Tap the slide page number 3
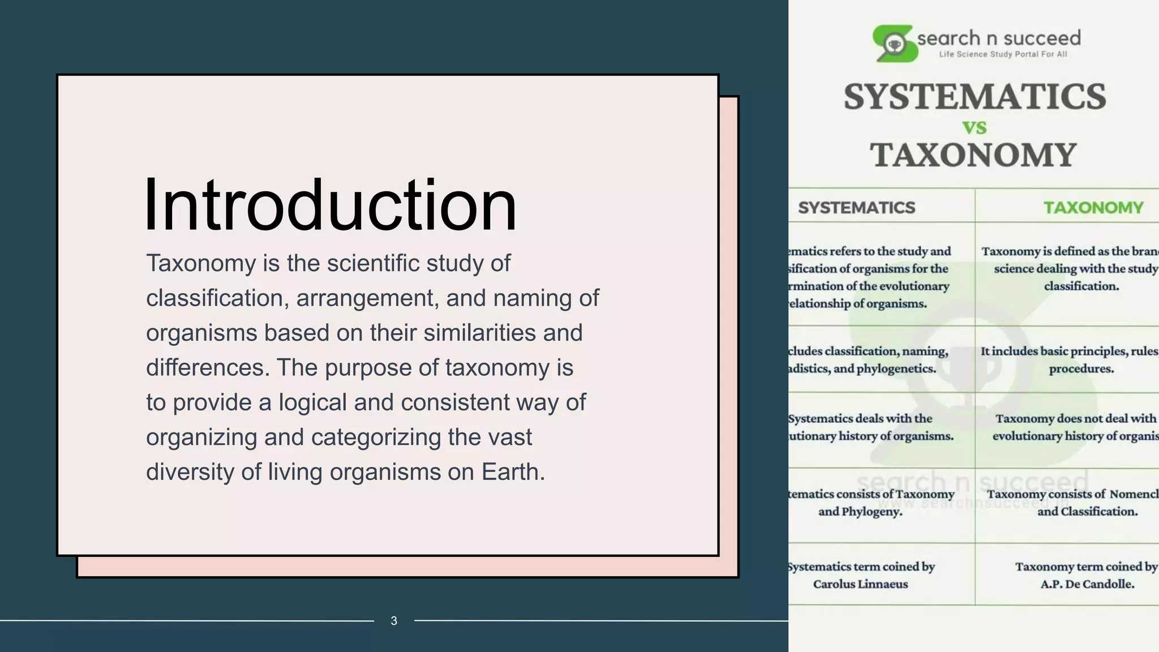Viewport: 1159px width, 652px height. coord(394,621)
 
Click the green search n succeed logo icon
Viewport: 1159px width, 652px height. coord(894,43)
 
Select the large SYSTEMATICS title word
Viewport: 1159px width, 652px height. coord(975,97)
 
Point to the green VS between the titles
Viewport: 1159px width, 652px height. coord(975,128)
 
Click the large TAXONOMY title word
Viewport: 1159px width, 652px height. coord(973,155)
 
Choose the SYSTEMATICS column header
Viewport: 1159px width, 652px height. coord(856,208)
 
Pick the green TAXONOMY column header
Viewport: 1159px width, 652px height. coord(1093,208)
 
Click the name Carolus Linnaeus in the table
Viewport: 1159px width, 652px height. coord(860,584)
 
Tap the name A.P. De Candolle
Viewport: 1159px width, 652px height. coord(1087,584)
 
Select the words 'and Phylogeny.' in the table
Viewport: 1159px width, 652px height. coord(860,512)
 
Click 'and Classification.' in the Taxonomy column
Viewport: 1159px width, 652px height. coord(1087,512)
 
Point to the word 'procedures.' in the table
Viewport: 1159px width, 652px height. coord(1081,369)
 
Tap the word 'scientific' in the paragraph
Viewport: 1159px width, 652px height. coord(373,263)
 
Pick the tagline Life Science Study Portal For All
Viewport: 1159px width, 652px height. coord(1003,54)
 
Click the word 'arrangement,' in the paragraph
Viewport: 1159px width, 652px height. coord(368,298)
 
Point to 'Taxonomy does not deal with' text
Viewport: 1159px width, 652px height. coord(1076,419)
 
